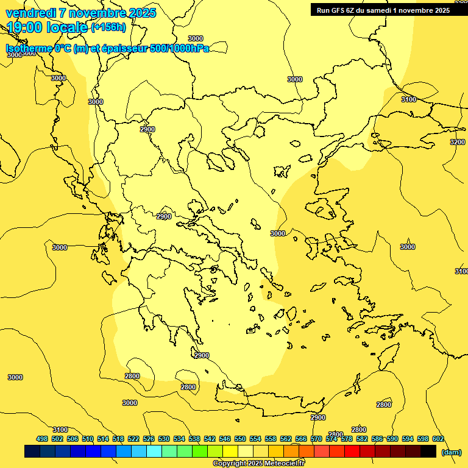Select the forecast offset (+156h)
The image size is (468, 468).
[108, 27]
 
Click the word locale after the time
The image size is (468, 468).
[66, 27]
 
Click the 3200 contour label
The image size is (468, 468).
[457, 142]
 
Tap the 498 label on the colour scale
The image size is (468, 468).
[42, 439]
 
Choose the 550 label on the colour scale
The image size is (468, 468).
[240, 439]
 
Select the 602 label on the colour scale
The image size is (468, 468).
[438, 439]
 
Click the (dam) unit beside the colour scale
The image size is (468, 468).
[451, 452]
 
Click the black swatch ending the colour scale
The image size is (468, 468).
[428, 451]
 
